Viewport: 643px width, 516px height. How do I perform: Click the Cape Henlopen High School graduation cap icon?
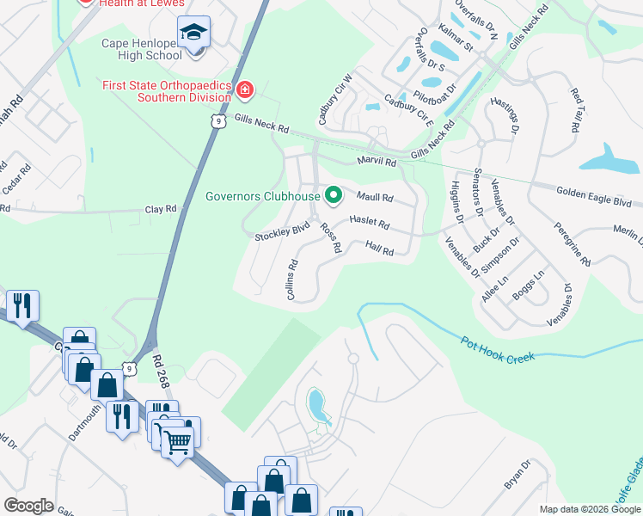pyautogui.click(x=195, y=34)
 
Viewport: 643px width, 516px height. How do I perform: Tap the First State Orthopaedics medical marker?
pyautogui.click(x=245, y=89)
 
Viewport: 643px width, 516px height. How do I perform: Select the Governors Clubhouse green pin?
pyautogui.click(x=332, y=195)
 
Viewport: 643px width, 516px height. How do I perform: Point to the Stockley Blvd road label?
pyautogui.click(x=281, y=231)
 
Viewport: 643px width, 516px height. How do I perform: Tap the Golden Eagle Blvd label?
pyautogui.click(x=594, y=197)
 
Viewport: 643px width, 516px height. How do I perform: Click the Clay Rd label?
pyautogui.click(x=160, y=208)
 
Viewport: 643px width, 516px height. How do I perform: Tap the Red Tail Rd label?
pyautogui.click(x=573, y=109)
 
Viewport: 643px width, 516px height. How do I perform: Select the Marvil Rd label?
pyautogui.click(x=377, y=162)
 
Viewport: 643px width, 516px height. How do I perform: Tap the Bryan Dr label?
pyautogui.click(x=518, y=475)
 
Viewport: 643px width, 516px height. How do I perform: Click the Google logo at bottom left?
pyautogui.click(x=28, y=506)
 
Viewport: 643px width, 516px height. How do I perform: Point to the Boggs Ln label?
pyautogui.click(x=528, y=288)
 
